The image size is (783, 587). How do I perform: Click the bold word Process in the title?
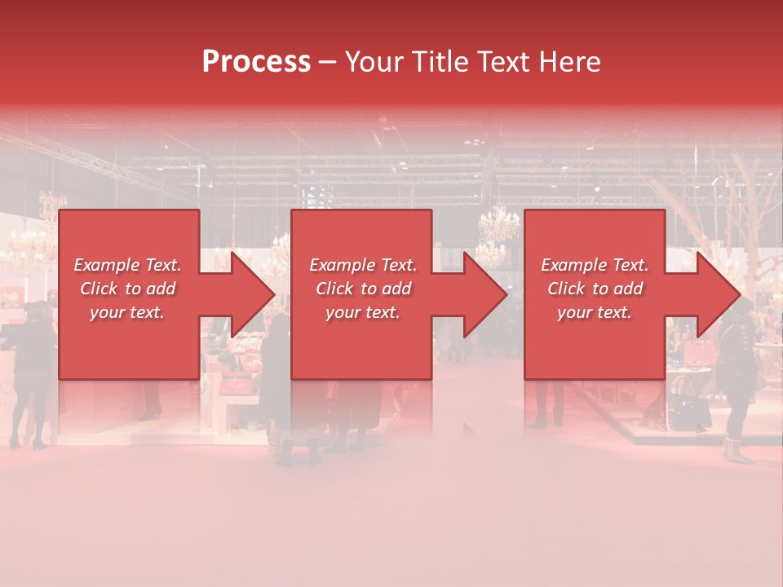point(256,62)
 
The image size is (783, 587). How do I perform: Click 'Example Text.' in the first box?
point(127,265)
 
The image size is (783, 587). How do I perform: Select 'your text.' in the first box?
point(127,312)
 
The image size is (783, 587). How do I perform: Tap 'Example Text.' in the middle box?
point(363,265)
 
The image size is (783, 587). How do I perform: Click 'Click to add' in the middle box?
point(363,289)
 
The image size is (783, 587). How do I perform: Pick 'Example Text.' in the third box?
point(595,265)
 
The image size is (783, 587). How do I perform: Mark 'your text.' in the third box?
point(595,312)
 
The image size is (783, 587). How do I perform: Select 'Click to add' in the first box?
point(127,289)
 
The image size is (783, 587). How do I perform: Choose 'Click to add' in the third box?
point(595,289)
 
